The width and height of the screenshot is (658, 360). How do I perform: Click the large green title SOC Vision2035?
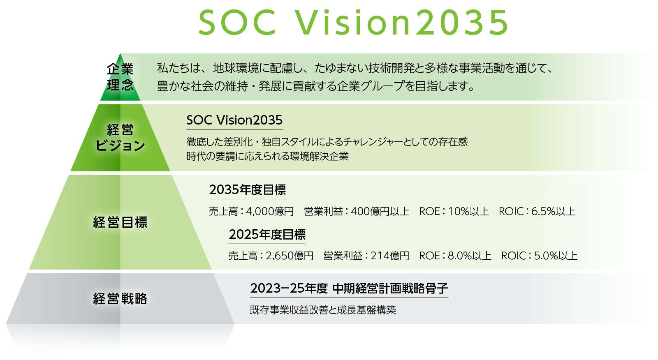tap(354, 23)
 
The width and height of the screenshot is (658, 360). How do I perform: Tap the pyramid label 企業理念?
tap(120, 77)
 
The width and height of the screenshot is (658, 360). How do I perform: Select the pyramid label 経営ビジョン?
tap(120, 138)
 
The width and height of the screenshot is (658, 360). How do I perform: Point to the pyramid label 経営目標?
tap(120, 222)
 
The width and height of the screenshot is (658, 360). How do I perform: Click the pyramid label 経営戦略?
tap(120, 299)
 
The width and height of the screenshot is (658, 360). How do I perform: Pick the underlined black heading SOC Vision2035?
tap(234, 120)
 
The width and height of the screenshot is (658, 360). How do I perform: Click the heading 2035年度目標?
tap(247, 190)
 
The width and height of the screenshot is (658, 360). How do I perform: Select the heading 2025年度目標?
tap(267, 234)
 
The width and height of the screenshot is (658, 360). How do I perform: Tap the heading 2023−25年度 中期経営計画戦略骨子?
tap(349, 288)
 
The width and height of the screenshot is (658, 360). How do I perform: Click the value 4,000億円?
tap(270, 211)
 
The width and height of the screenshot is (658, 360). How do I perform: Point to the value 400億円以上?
tap(380, 211)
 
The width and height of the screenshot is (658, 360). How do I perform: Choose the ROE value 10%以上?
tap(468, 211)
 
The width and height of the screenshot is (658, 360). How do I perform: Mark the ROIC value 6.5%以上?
tap(553, 211)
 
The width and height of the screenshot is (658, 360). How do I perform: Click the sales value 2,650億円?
tap(290, 256)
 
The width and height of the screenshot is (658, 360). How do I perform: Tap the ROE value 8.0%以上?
tap(469, 256)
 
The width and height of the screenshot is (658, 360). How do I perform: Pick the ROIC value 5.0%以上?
tap(556, 256)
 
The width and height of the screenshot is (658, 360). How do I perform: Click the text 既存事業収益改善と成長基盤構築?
tap(323, 310)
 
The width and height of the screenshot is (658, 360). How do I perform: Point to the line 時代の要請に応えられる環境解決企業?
tap(267, 156)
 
